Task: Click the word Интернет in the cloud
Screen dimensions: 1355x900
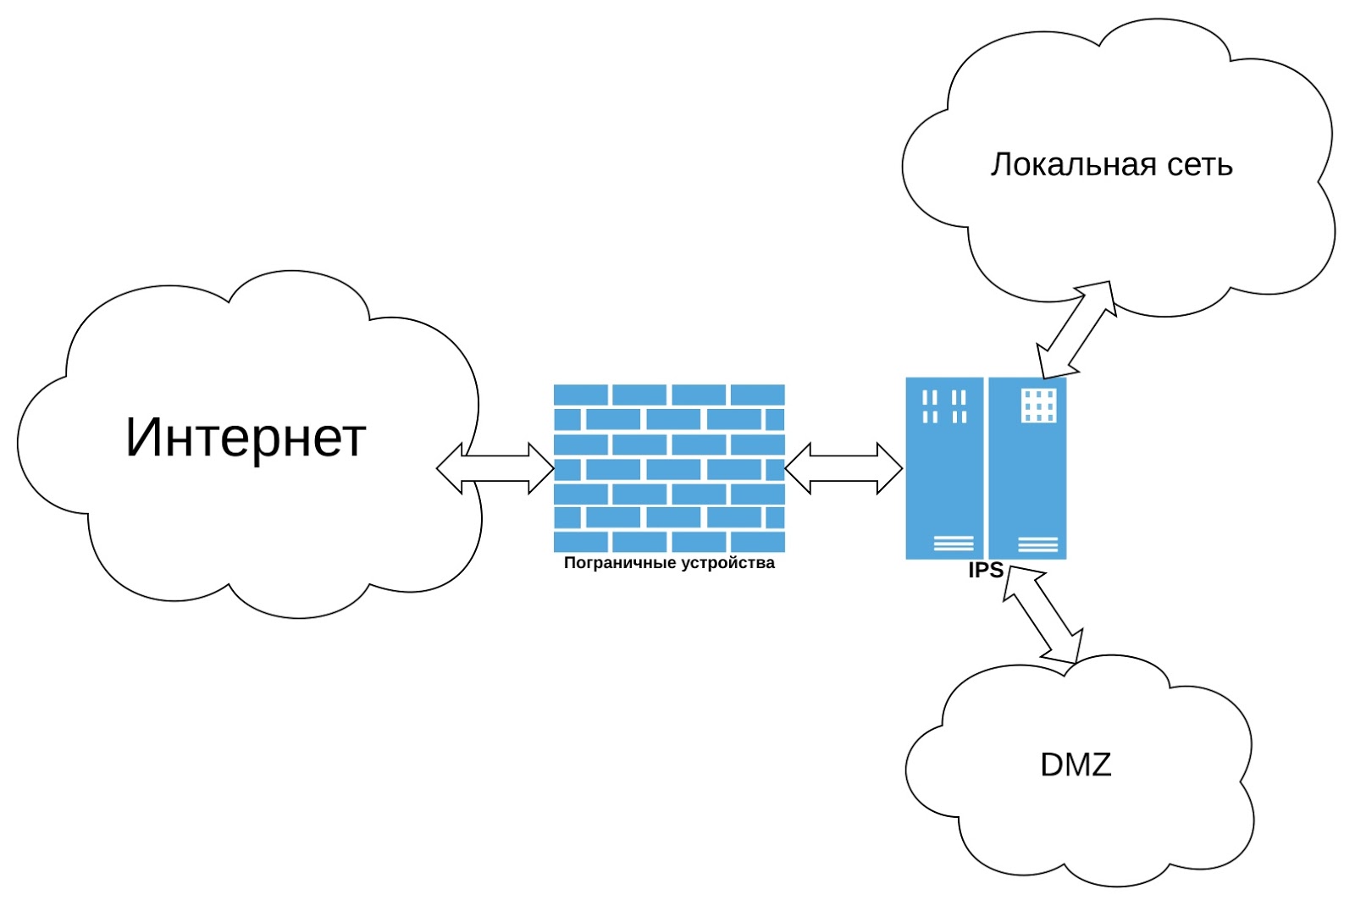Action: [246, 438]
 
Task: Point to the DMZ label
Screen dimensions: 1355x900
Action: [1076, 765]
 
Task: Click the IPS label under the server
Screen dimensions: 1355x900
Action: [986, 570]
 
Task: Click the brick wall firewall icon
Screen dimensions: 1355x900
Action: [669, 468]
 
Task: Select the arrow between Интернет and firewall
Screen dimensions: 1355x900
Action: [495, 468]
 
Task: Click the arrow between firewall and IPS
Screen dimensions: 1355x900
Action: [843, 468]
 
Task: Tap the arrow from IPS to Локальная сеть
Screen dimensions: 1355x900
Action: [1076, 329]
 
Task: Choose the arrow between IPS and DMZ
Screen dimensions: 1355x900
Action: [1043, 615]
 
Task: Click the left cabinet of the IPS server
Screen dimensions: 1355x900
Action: [944, 468]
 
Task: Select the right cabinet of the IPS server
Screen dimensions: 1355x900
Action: [1027, 468]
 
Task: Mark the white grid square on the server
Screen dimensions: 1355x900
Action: [1038, 406]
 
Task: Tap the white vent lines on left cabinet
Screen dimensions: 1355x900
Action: [954, 544]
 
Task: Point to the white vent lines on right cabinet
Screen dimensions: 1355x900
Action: [1038, 544]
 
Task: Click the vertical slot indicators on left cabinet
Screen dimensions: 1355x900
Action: [944, 406]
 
